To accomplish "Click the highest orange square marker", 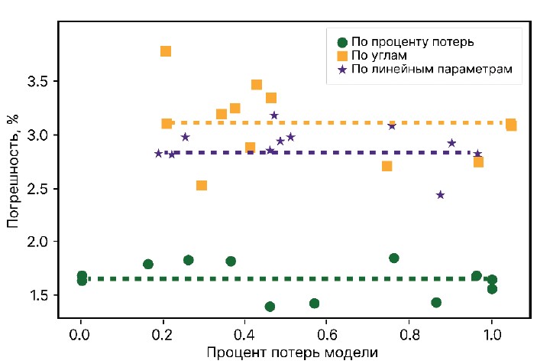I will click(x=166, y=51).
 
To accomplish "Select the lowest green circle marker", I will click(x=270, y=307).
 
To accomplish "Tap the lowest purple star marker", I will click(x=441, y=195).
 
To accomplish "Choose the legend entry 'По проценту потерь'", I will click(x=412, y=42).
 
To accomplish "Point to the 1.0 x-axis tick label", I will click(x=491, y=335).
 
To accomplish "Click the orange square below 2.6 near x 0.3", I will click(x=202, y=185).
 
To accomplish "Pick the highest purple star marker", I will click(x=274, y=115).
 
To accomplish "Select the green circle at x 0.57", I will click(x=314, y=304).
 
